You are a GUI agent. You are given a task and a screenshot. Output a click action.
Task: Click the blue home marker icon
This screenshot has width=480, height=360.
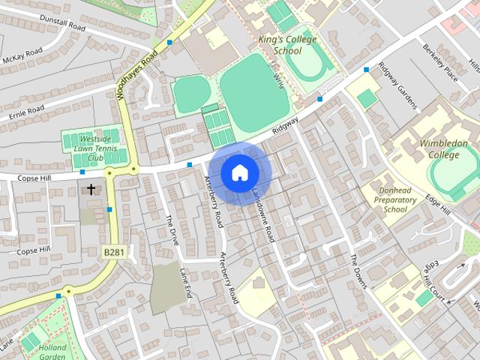tap(239, 173)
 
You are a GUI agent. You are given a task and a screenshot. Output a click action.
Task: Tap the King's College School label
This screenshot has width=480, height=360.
tap(288, 45)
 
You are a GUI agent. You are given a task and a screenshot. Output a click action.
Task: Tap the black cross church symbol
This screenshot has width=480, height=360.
tap(91, 189)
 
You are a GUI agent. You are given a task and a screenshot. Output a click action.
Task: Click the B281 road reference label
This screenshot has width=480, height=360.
tap(113, 252)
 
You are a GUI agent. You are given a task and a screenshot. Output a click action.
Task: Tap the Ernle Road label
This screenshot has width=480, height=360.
tap(26, 113)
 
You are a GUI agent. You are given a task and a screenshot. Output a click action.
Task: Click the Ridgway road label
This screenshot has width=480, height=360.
tap(286, 124)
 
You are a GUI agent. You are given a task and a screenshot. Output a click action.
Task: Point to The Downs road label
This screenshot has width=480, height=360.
tap(358, 269)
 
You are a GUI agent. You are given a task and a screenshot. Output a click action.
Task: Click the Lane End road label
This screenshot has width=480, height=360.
tap(185, 284)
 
